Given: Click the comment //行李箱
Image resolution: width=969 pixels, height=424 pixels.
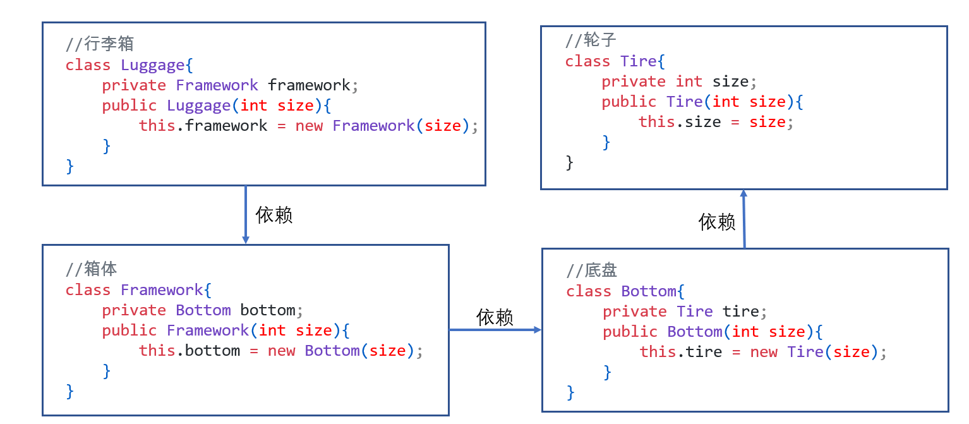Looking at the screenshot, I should (100, 44).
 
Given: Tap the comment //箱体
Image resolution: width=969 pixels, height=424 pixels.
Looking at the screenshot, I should (92, 269).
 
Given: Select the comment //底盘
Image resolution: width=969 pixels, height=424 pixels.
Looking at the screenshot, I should (592, 270).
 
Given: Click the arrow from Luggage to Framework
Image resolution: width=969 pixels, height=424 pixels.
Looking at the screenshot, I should (246, 215).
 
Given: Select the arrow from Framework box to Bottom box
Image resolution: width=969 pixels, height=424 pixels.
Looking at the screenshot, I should (495, 330).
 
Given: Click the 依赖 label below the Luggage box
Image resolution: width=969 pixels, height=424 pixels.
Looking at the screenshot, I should (274, 215).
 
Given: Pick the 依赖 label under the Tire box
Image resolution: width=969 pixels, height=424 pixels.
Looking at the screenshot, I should (717, 222).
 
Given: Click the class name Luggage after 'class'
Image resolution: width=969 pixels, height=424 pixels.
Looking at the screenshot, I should (153, 65).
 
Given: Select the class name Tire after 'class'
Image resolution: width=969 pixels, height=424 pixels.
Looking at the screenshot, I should (639, 61).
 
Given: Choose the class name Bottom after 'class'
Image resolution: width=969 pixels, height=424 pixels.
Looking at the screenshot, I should (649, 291).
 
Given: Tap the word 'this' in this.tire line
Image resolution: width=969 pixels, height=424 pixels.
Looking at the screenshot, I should (658, 352).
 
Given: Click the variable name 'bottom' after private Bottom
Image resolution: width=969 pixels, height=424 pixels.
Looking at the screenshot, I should (267, 310).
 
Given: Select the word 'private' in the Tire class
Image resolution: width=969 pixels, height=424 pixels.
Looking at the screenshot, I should (634, 82).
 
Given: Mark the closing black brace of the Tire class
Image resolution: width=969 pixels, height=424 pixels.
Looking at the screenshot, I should (569, 162).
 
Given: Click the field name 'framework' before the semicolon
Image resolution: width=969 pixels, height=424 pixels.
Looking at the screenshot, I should (308, 85).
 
